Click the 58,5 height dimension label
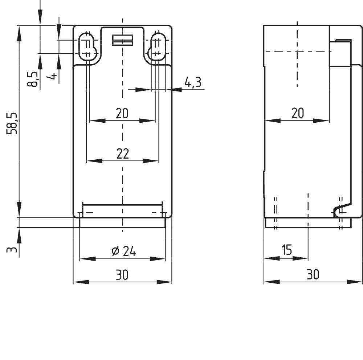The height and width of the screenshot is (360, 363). pyautogui.click(x=13, y=123)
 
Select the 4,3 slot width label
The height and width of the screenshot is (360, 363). pyautogui.click(x=193, y=83)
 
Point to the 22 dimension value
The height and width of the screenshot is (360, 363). pyautogui.click(x=123, y=154)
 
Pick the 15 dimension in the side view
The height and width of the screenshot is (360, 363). pyautogui.click(x=287, y=250)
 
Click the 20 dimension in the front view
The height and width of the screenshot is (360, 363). pyautogui.click(x=122, y=114)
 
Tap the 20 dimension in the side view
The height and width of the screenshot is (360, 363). pyautogui.click(x=297, y=113)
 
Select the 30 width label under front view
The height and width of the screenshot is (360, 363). pyautogui.click(x=122, y=275)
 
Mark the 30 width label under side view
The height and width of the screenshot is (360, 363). pyautogui.click(x=313, y=275)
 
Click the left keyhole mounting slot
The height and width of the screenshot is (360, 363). pyautogui.click(x=87, y=46)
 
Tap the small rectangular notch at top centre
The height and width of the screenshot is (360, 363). pyautogui.click(x=122, y=40)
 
